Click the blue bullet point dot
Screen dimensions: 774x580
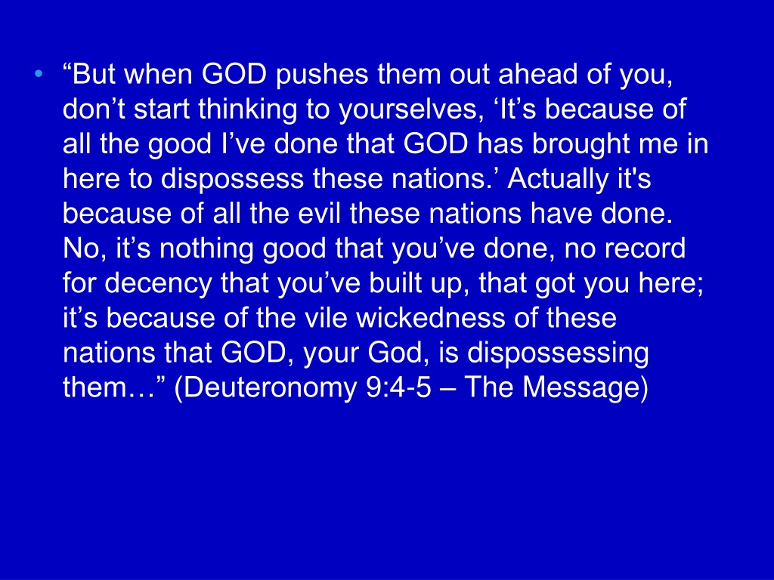coord(39,75)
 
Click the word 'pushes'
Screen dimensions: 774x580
coord(322,76)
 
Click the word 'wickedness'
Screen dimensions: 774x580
coord(431,318)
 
